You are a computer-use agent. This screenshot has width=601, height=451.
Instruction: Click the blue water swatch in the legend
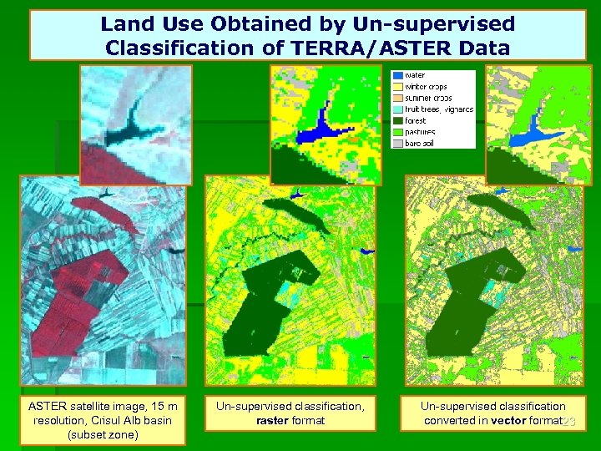point(397,75)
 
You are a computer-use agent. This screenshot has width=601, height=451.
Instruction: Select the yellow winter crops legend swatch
point(397,86)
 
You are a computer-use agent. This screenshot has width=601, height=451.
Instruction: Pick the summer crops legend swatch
point(397,98)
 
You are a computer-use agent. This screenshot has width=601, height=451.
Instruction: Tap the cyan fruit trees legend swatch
point(397,109)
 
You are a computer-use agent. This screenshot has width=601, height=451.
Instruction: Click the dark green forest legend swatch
point(397,120)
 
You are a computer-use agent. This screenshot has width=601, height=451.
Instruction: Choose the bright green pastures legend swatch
point(397,132)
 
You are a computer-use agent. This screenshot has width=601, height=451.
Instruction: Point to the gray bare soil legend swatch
point(397,143)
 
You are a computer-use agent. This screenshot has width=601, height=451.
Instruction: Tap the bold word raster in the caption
point(274,420)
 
